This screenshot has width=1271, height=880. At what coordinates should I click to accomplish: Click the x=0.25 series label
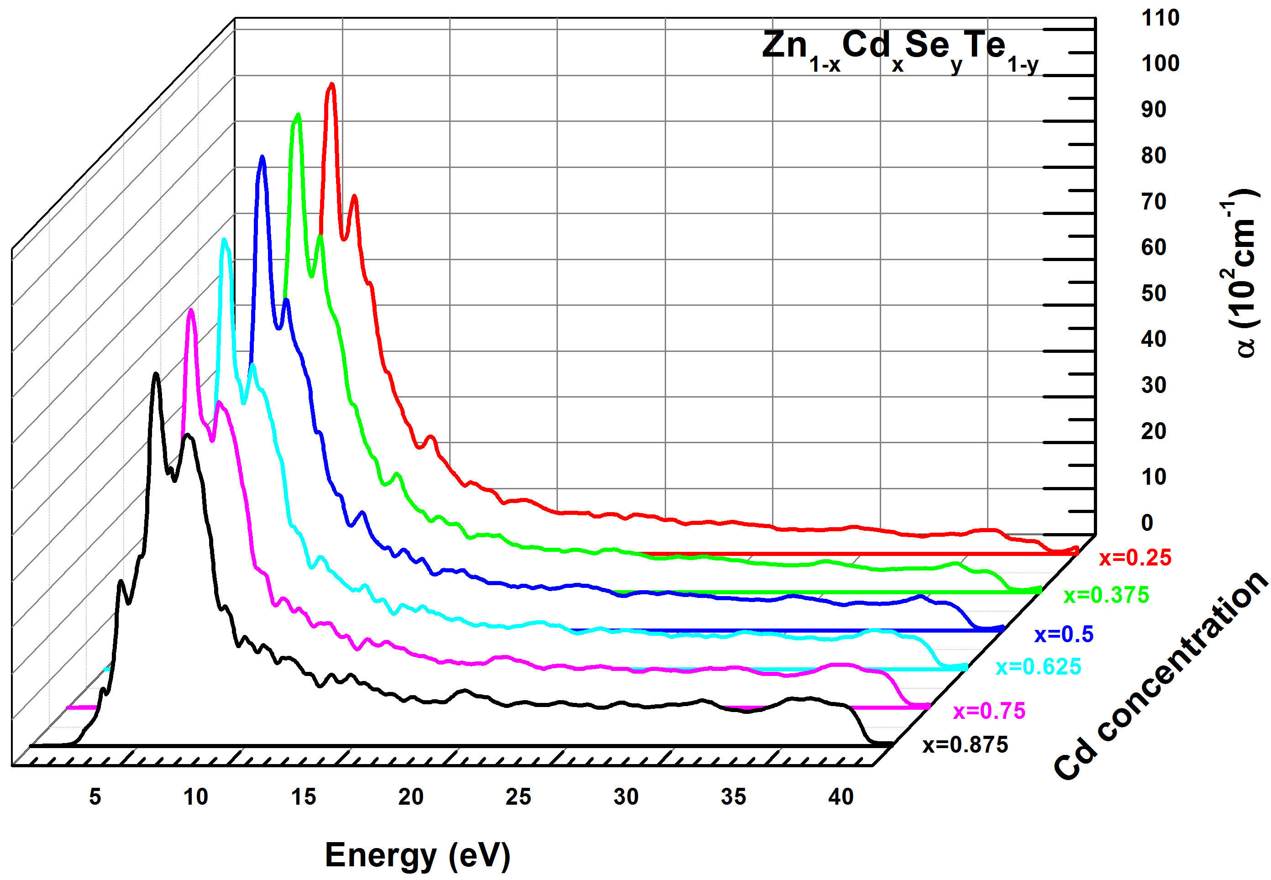[x=1135, y=558]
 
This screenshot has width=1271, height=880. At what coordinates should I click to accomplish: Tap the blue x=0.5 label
[x=1064, y=634]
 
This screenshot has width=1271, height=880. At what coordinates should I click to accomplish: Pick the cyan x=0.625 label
[x=1038, y=667]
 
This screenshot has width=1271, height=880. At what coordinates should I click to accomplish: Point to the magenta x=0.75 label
[x=989, y=711]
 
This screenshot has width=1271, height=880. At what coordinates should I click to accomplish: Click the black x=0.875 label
[x=965, y=745]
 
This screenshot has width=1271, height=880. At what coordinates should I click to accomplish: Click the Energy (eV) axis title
[x=417, y=855]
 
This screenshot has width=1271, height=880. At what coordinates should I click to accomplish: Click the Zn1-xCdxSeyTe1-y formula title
[x=900, y=51]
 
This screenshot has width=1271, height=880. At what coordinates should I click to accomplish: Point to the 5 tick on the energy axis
[x=95, y=797]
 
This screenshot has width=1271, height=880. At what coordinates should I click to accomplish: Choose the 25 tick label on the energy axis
[x=518, y=797]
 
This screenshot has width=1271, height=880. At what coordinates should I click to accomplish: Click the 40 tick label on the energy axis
[x=841, y=797]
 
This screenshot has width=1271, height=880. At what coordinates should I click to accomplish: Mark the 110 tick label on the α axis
[x=1160, y=18]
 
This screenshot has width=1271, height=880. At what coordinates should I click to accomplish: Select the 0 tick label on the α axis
[x=1147, y=523]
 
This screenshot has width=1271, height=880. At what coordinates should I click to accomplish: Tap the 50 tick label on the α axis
[x=1154, y=293]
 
